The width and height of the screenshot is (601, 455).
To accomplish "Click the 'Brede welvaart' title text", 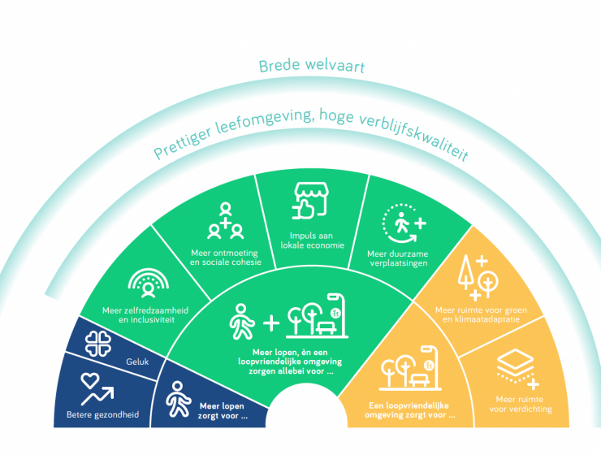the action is pos(312,66).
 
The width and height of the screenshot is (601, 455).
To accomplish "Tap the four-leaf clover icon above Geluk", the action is pos(98,344).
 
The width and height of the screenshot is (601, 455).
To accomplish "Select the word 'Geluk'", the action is pos(137,362).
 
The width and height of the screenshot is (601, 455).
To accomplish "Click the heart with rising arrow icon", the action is pos(97,388).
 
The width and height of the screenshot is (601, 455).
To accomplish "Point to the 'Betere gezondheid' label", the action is pos(102,414).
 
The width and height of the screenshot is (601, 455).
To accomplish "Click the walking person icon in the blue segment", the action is pos(178,399).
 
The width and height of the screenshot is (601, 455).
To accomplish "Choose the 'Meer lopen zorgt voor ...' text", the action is pos(223,411).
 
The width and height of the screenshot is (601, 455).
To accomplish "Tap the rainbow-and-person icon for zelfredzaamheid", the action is pos(149,283).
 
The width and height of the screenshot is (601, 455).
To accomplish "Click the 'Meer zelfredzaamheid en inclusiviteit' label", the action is pos(145,315).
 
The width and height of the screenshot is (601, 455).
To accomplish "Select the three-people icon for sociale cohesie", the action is pos(226,221).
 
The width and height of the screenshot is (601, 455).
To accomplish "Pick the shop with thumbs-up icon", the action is pos(310,201).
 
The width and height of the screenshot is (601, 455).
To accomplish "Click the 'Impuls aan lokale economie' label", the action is pos(312,240).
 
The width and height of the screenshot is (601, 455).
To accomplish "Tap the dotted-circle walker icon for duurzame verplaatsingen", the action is pos(404,223).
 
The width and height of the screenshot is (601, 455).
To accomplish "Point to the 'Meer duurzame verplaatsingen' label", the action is pos(398,258).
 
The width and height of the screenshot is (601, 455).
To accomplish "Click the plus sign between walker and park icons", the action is pos(271,323).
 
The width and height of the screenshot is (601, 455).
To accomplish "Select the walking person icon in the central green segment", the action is pos(241,322).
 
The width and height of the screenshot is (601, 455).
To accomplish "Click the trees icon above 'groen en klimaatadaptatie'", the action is pos(478,278).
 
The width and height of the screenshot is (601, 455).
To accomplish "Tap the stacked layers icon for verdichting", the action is pos(517,369).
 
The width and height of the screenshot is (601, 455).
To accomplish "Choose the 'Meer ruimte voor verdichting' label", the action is pos(520,404).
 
